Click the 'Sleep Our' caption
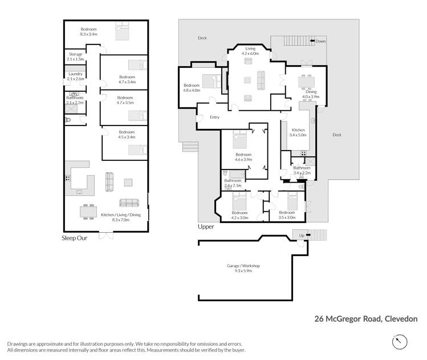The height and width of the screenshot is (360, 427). pos(74,238)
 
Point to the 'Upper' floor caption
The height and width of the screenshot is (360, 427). pos(206,226)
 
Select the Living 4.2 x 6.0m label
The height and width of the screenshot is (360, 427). pos(251,51)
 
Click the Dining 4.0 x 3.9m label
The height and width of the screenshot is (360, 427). pos(311,94)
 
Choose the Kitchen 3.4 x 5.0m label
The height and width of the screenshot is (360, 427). pos(298,132)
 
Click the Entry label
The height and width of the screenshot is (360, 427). pos(214,117)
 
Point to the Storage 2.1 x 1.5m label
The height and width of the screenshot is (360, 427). pos(75,56)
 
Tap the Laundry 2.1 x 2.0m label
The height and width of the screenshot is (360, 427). pos(75,76)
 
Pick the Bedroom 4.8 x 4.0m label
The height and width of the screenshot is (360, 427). pos(192,88)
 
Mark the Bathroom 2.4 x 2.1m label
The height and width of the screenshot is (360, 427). pos(233,183)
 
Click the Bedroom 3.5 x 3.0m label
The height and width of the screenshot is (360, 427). pos(287,215)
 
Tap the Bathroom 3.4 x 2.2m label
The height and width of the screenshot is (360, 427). pos(302,170)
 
